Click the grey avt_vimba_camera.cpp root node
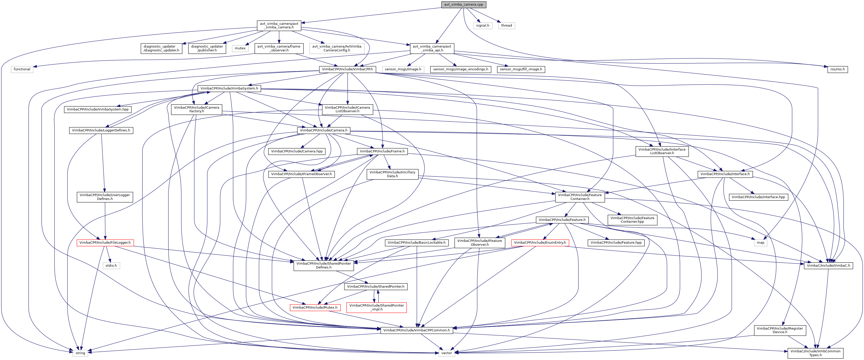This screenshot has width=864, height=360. [463, 4]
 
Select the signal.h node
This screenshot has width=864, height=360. [482, 26]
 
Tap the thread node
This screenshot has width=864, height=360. [506, 26]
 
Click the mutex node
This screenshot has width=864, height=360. [240, 48]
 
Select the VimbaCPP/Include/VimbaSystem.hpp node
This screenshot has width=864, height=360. [98, 109]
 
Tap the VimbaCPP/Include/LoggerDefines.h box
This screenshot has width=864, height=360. [101, 130]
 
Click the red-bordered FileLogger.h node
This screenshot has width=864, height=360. [105, 243]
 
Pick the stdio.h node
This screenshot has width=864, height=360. [111, 266]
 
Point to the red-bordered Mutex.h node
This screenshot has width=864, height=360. [315, 307]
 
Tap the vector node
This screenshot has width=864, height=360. [446, 353]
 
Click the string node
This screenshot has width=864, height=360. [80, 353]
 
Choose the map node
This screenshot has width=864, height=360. [760, 243]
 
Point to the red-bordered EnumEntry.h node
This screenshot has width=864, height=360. [540, 243]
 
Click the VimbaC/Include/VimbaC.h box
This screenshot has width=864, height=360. [828, 266]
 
